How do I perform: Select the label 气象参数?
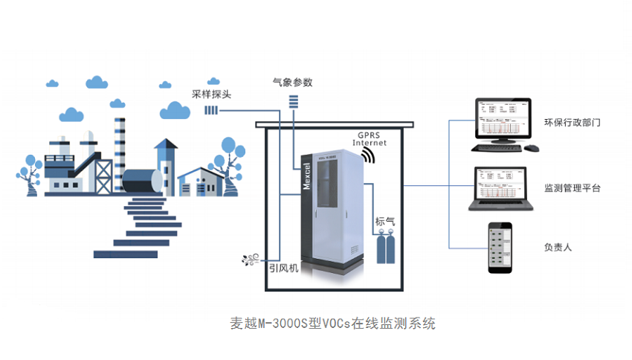click(293, 82)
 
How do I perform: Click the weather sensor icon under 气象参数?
click(293, 100)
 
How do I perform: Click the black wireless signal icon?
click(367, 155)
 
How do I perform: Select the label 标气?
click(385, 221)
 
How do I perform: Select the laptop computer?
click(501, 187)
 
